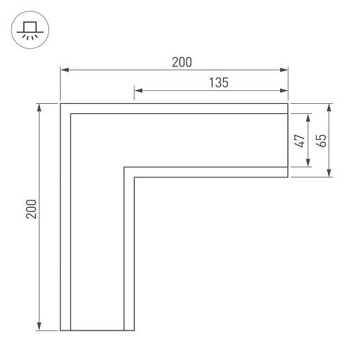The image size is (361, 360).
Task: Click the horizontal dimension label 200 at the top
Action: tap(182, 62)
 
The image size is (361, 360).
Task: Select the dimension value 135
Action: tap(219, 82)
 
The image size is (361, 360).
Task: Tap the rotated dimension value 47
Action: tap(300, 141)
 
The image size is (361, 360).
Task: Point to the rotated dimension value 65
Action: tap(321, 141)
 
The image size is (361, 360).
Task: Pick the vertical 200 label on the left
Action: tap(31, 209)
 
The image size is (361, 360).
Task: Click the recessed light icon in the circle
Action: tap(30, 30)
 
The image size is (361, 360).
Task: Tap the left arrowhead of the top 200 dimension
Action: tap(65, 70)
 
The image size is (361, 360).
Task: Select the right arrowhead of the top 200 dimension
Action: tap(284, 70)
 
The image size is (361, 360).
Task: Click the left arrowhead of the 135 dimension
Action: tap(139, 90)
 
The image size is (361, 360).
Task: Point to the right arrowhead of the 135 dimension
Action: tap(284, 90)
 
